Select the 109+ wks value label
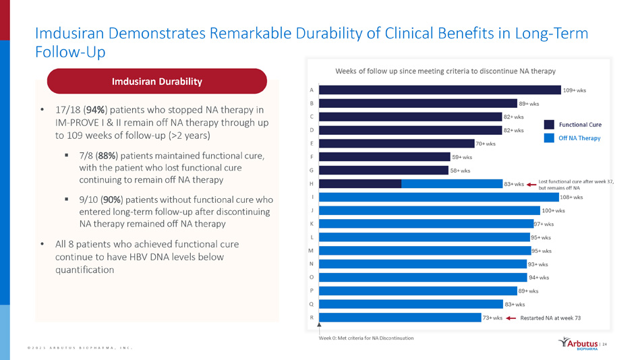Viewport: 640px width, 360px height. (x=575, y=90)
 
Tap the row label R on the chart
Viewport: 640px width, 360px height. (x=311, y=317)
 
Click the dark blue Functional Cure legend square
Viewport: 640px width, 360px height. (x=549, y=124)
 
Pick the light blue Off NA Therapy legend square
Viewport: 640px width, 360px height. (x=549, y=138)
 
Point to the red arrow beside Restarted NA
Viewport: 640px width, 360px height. (x=511, y=318)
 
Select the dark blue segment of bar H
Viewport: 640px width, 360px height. (x=360, y=183)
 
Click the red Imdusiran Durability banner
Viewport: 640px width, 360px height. (x=157, y=82)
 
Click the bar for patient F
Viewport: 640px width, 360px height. (x=384, y=156)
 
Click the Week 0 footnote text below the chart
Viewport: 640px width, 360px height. (x=366, y=337)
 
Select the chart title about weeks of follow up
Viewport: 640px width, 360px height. (x=445, y=71)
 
